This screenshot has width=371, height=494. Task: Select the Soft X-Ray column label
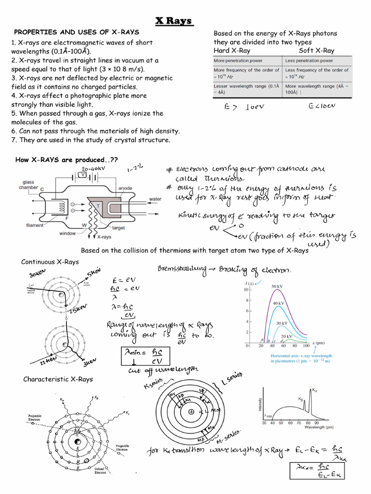pos(316,51)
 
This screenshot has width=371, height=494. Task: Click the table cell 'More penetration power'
pos(239,61)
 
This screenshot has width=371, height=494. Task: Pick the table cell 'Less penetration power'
pos(309,61)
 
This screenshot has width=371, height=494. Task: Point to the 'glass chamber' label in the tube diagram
pos(28,185)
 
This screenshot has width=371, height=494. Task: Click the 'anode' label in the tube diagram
pos(125,188)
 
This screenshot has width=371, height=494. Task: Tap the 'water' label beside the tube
pos(155,199)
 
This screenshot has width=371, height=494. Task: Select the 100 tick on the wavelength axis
pos(305,346)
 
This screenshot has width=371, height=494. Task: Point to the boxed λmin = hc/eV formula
pos(144,357)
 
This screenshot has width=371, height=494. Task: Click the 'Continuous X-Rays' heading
pos(50,262)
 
